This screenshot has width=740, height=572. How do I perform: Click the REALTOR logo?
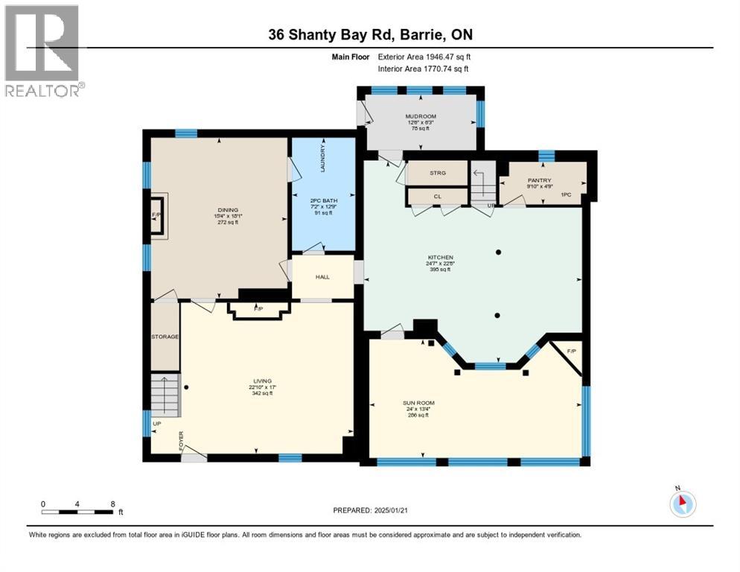[x=42, y=51]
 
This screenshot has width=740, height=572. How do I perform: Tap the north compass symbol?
[x=681, y=503]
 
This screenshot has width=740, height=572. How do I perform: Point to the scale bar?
[x=77, y=512]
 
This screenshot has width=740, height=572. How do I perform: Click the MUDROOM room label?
[x=420, y=117]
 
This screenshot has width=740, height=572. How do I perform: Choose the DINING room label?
[x=227, y=211]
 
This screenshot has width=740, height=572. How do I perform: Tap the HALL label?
[x=322, y=277]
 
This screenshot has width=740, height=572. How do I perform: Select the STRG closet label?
[x=438, y=174]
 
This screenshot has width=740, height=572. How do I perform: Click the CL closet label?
[x=438, y=196]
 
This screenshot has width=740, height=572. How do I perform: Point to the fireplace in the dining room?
[x=157, y=215]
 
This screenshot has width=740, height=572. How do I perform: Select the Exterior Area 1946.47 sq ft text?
[x=424, y=57]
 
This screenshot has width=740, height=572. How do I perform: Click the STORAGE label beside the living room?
[x=165, y=337]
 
